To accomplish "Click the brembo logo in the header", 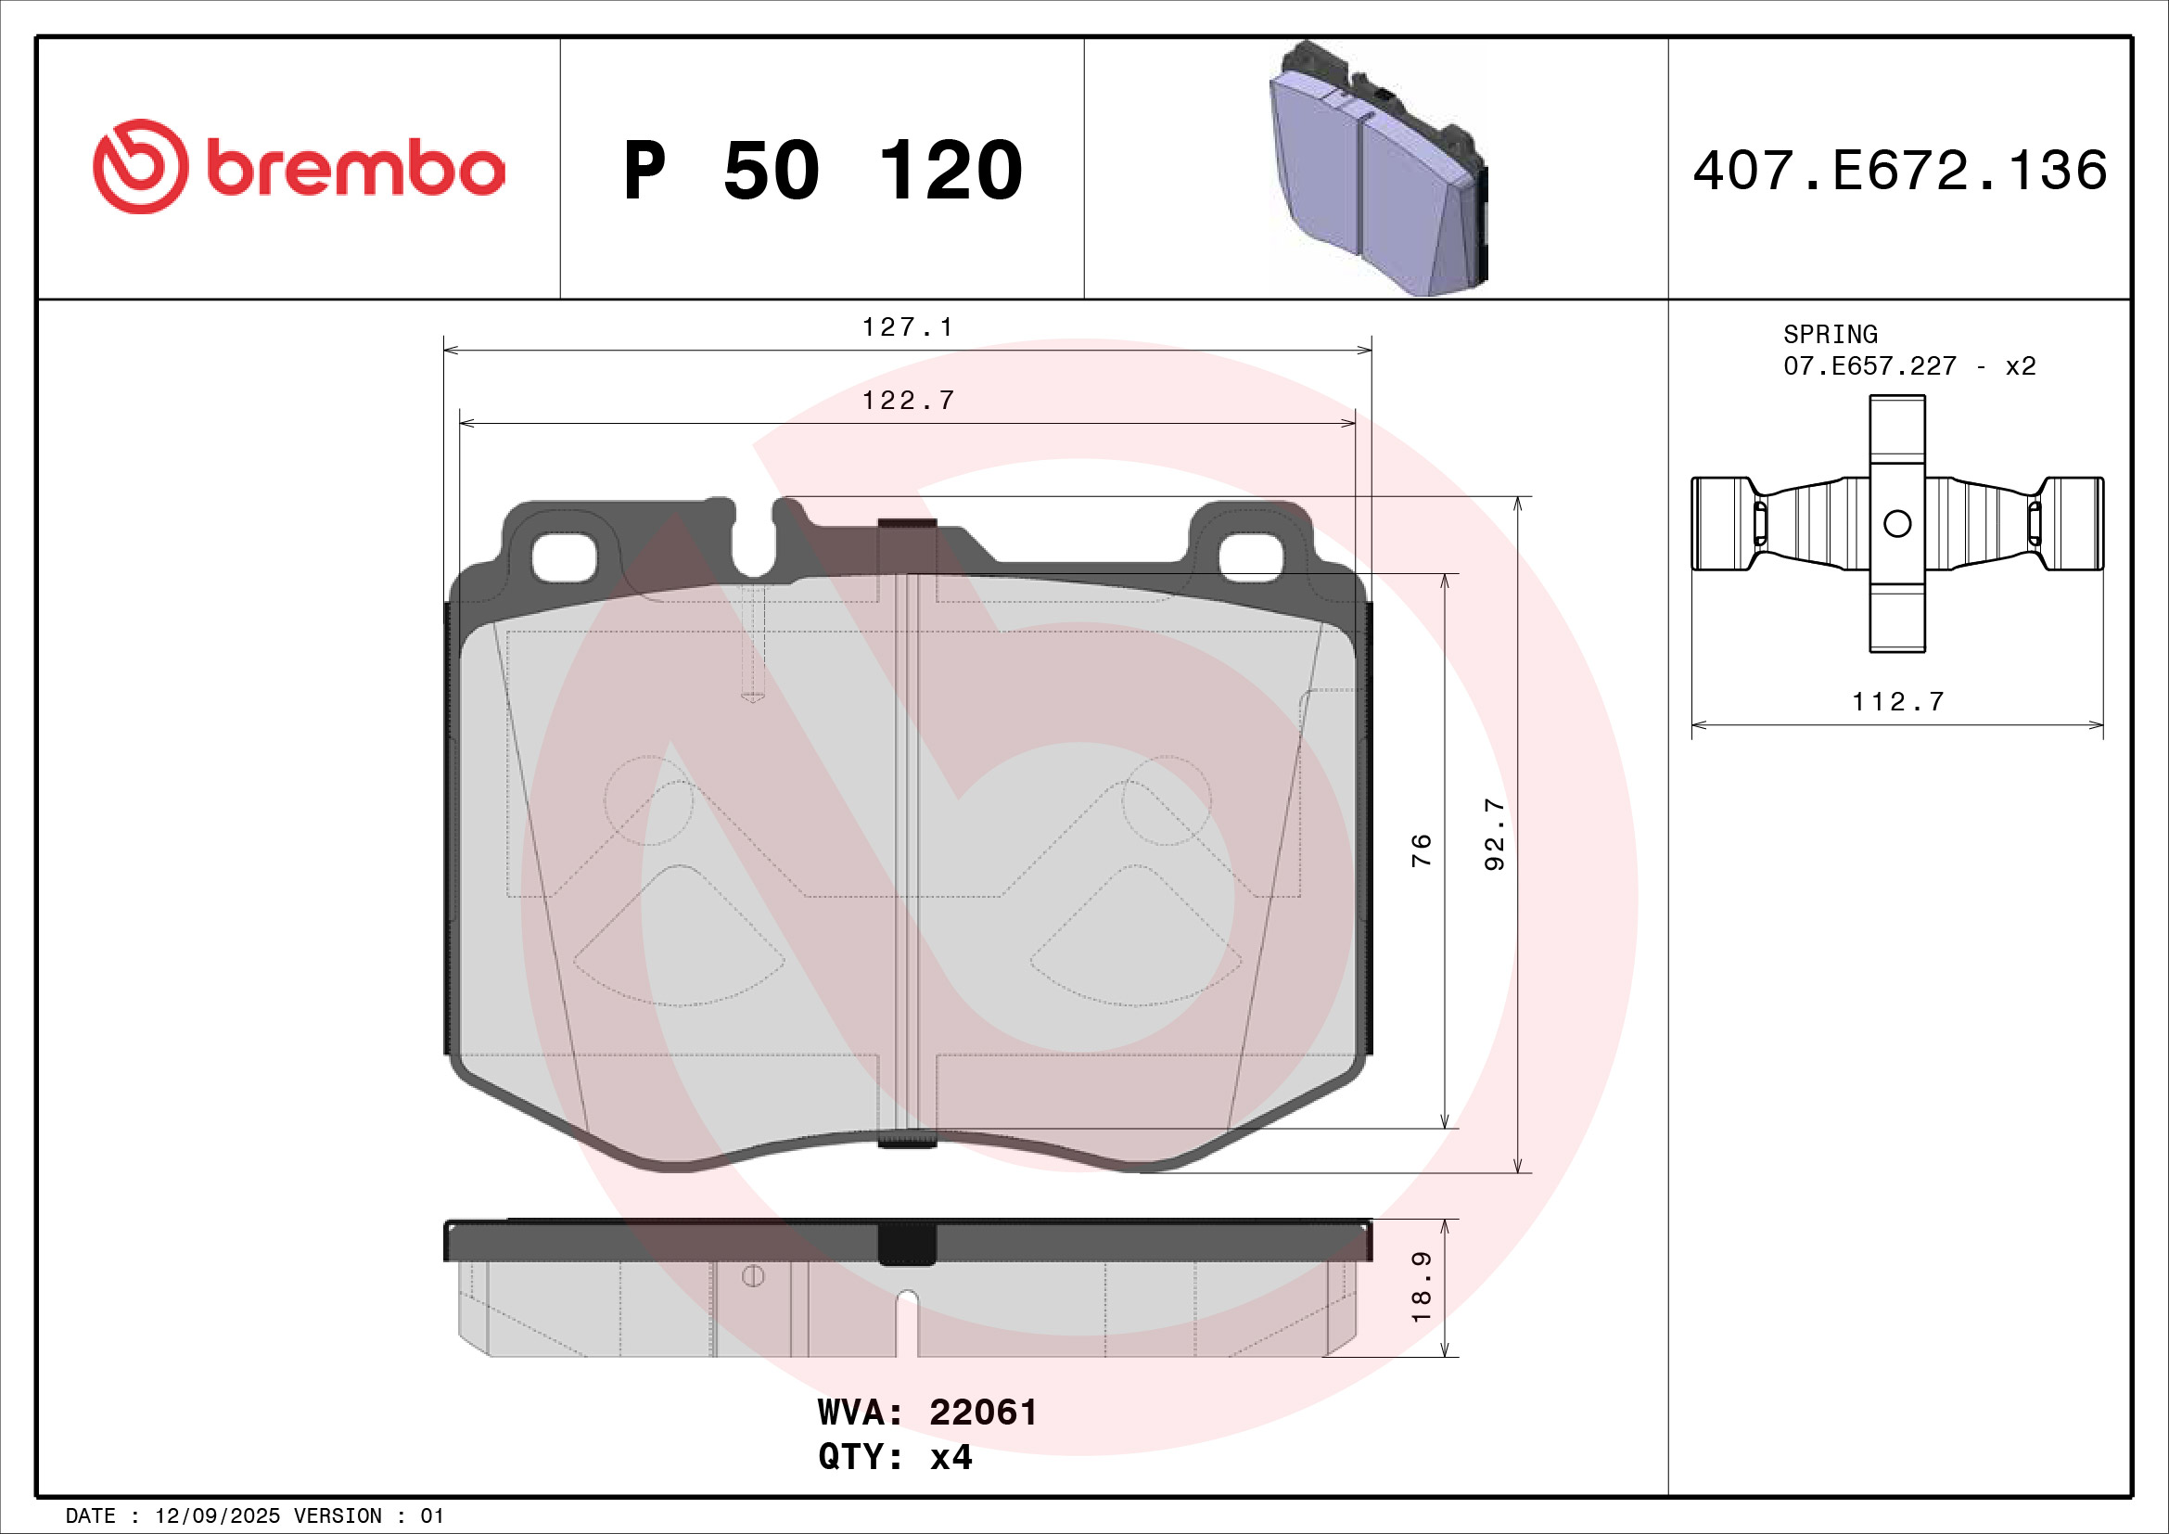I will [x=299, y=167].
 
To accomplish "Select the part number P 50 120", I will [x=822, y=171].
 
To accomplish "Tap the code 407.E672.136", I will [x=1900, y=171].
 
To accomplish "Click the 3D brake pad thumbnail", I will [x=1378, y=170].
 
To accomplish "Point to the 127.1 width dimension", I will [x=907, y=326].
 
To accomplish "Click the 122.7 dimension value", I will [x=908, y=401].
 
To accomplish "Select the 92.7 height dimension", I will [x=1495, y=833].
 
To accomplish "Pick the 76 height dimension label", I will [x=1421, y=850].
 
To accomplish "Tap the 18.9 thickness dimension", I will [x=1421, y=1286].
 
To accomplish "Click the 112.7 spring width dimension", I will [x=1897, y=702].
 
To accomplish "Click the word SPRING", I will [x=1830, y=335].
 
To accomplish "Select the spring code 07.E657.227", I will [x=1869, y=365].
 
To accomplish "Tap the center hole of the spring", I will [x=1897, y=523].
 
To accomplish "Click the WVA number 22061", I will [x=982, y=1413].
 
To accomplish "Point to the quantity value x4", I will [x=951, y=1458].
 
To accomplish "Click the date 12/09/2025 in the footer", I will [x=217, y=1516].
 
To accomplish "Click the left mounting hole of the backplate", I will [x=564, y=558].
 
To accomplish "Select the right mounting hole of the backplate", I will [x=1251, y=558].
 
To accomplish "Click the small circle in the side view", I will [x=753, y=1276].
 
